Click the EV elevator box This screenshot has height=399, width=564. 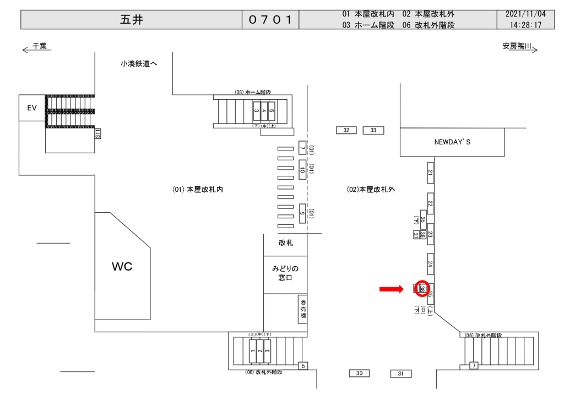[32, 108]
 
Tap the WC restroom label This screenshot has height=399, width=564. [122, 267]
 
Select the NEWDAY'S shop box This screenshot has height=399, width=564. [452, 142]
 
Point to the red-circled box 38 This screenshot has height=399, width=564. [422, 288]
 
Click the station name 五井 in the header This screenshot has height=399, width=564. [132, 20]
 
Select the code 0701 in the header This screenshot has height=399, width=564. [270, 20]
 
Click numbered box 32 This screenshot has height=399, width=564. [346, 130]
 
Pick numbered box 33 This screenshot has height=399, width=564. [373, 130]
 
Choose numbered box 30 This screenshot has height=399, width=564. [359, 374]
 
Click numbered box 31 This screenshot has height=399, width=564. [401, 374]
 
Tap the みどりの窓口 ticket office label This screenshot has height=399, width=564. [285, 273]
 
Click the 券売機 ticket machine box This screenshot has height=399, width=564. [302, 309]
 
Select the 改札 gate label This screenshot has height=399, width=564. [286, 243]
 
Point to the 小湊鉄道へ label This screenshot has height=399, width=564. [139, 63]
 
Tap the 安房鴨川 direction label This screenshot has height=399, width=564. [517, 47]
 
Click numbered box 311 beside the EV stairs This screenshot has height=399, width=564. [97, 133]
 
